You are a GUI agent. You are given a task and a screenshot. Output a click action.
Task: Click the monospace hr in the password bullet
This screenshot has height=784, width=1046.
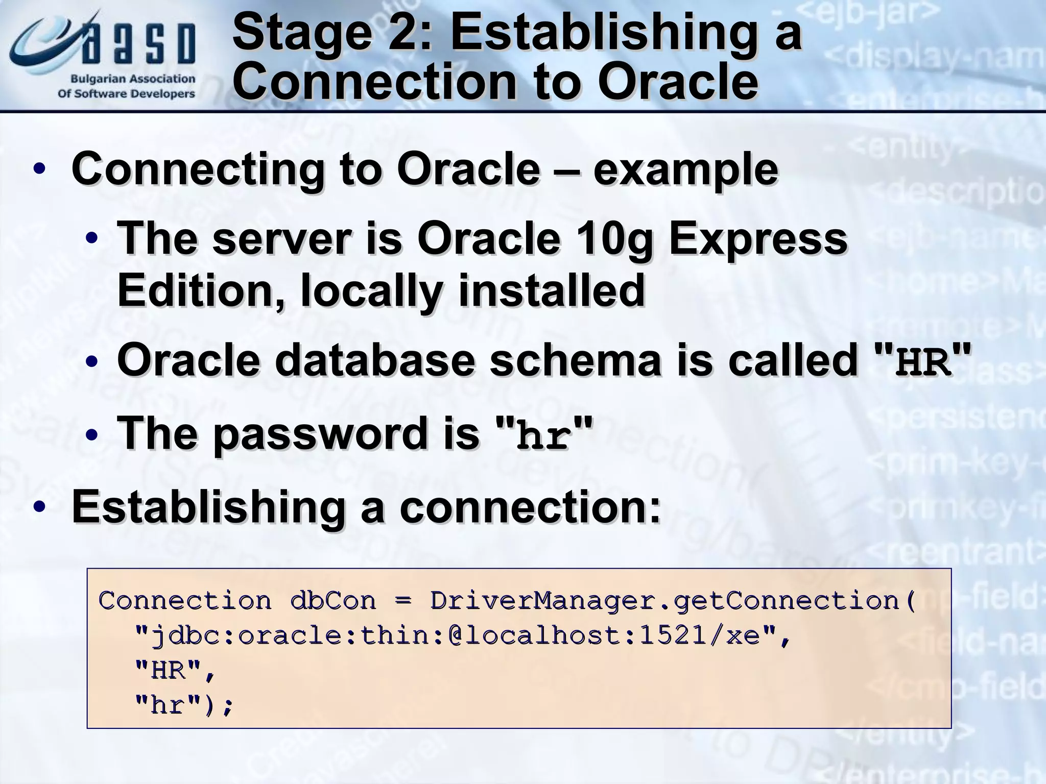pos(543,436)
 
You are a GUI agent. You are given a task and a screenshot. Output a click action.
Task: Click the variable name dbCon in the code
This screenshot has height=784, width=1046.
pos(332,600)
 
